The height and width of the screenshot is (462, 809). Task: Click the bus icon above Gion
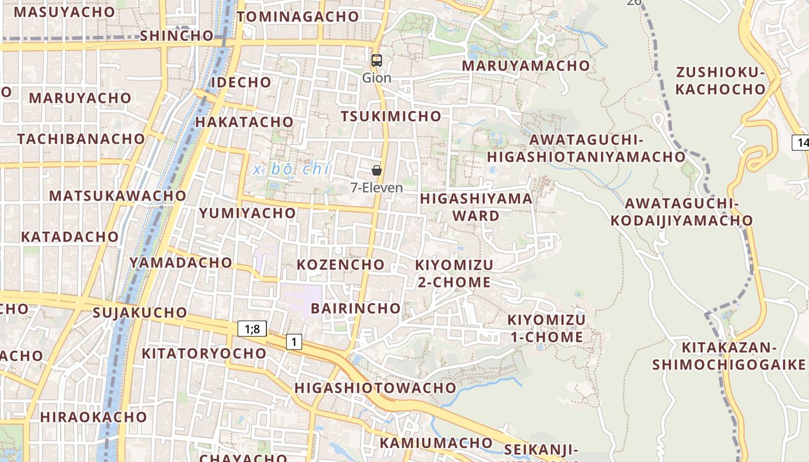coord(376,60)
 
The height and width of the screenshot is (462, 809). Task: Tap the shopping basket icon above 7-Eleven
coord(376,170)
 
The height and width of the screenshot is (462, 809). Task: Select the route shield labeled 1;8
coord(252,329)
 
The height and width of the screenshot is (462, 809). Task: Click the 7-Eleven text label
coord(377,188)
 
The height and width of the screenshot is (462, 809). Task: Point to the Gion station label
coord(376,77)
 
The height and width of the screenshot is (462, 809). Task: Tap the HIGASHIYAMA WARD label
coord(476,207)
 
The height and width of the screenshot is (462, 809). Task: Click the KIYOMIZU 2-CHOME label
coord(454,273)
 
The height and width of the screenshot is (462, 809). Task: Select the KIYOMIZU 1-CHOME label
coord(546,328)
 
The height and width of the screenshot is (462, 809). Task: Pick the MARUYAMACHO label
coord(525,65)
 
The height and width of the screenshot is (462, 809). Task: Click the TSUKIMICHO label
coord(391,116)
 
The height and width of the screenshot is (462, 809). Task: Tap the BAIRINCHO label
coord(355,308)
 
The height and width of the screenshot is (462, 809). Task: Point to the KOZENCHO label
coord(340,264)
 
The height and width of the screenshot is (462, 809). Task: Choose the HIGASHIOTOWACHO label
coord(376,388)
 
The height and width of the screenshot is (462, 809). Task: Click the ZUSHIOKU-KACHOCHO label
coord(721,81)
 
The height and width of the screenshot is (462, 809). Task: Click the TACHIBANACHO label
coord(81,139)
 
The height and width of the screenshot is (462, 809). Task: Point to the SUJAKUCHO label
coord(140,312)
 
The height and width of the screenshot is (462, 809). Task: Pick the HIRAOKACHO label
coord(94,416)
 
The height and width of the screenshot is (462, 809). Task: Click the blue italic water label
coord(292,169)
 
